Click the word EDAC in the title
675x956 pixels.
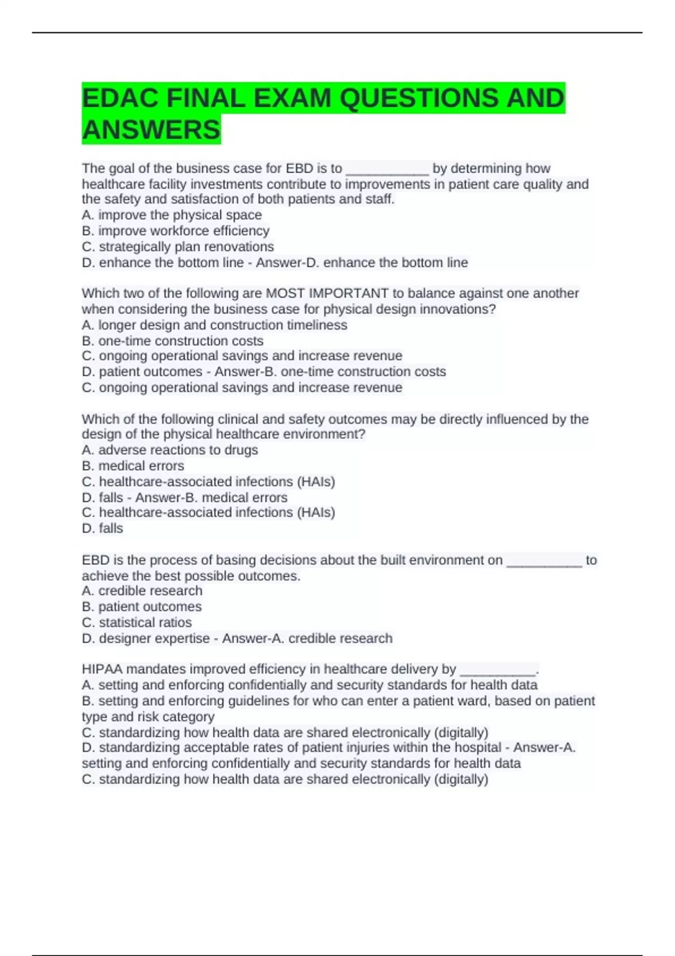click(120, 98)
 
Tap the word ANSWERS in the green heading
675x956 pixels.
click(151, 130)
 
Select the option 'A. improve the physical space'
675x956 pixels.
click(172, 215)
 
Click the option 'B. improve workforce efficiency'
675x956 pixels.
click(175, 231)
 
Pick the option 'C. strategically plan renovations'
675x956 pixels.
click(178, 246)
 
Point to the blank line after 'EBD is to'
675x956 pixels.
click(387, 169)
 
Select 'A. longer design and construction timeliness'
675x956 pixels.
click(214, 325)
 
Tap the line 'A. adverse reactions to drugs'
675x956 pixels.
click(170, 450)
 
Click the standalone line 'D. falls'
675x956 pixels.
click(102, 528)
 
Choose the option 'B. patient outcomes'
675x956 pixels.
click(142, 606)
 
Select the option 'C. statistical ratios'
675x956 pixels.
click(137, 623)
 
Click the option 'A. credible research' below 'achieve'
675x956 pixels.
click(142, 590)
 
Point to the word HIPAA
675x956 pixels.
click(102, 669)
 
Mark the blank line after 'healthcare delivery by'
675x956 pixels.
click(498, 670)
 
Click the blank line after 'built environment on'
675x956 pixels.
click(544, 561)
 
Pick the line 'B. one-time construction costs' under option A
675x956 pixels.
click(173, 341)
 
